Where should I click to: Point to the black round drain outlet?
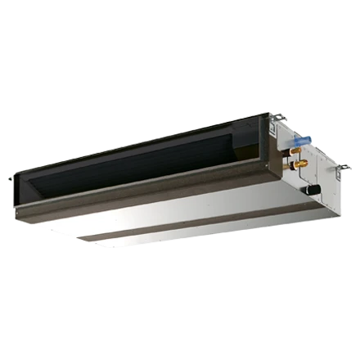(x=312, y=190)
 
